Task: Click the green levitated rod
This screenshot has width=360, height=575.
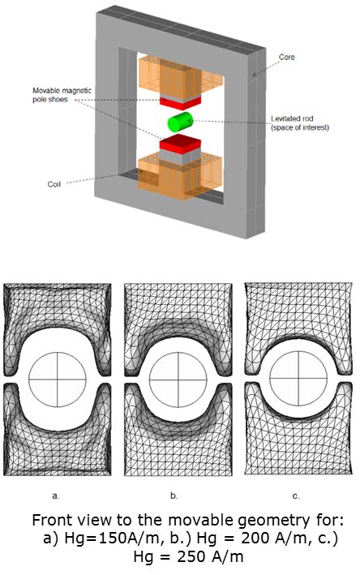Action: pyautogui.click(x=180, y=122)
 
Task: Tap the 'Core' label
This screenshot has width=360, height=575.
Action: pyautogui.click(x=286, y=57)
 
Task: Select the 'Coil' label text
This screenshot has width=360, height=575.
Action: pyautogui.click(x=54, y=184)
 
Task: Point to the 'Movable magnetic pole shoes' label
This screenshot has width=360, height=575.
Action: pyautogui.click(x=62, y=95)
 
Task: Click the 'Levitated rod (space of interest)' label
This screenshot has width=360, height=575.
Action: pyautogui.click(x=300, y=122)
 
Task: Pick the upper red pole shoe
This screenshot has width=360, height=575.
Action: pyautogui.click(x=180, y=101)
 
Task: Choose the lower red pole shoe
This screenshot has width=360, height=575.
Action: pyautogui.click(x=180, y=142)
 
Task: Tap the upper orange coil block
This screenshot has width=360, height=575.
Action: pyautogui.click(x=181, y=76)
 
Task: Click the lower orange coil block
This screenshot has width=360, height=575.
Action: pyautogui.click(x=180, y=177)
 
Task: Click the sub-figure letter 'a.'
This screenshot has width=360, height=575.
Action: pyautogui.click(x=55, y=496)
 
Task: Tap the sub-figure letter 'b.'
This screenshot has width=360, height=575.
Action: pyautogui.click(x=174, y=496)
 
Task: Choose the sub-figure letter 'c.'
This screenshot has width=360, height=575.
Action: pyautogui.click(x=295, y=496)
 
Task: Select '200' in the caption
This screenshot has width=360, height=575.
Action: pyautogui.click(x=255, y=538)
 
